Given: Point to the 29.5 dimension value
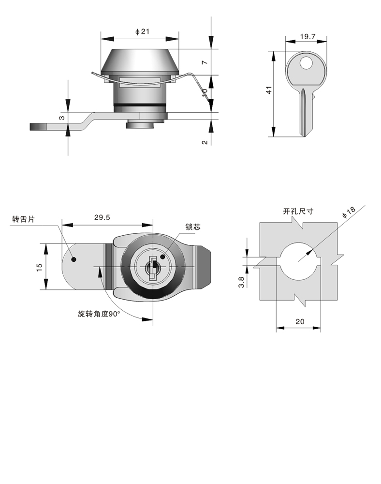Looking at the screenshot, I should coord(102,218).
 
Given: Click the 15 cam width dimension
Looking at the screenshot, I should coord(40,266).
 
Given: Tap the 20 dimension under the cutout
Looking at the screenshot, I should coord(299,322).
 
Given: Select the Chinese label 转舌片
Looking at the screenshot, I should coord(23,219).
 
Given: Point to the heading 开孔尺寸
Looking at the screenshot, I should coord(298,211).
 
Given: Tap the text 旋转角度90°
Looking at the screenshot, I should coord(99,314).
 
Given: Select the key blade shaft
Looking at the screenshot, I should coord(303,111).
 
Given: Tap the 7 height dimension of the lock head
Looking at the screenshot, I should coord(205,62).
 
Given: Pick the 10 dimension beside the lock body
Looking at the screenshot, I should coord(205,92).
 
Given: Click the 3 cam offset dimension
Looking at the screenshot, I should coord(61,118).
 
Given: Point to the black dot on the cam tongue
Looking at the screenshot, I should coord(74,259).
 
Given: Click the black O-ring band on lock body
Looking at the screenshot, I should coord(140,105).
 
